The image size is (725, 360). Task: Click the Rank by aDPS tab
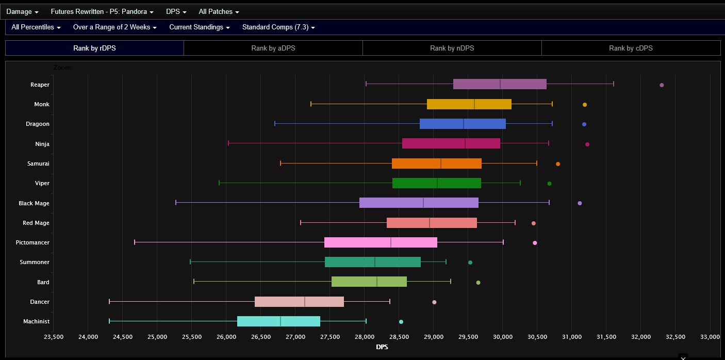click(273, 48)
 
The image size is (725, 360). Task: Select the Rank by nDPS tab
click(452, 48)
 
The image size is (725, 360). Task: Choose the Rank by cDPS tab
click(631, 48)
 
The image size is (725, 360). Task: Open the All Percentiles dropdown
click(36, 27)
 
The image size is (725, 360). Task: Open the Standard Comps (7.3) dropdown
click(278, 27)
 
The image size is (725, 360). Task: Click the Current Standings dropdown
click(199, 27)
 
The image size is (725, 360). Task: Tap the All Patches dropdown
click(219, 11)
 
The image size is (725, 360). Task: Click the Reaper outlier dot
click(662, 85)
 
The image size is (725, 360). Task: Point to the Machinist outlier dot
click(401, 322)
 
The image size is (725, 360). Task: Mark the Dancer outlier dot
click(434, 302)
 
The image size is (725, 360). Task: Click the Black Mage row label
click(34, 203)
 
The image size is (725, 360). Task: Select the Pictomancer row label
click(32, 242)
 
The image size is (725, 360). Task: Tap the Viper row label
click(42, 183)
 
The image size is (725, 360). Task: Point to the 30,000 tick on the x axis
click(503, 337)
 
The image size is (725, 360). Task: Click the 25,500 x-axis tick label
click(192, 337)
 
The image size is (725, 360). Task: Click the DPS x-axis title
click(382, 347)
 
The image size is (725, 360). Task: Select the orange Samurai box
click(423, 163)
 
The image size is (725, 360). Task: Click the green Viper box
click(413, 183)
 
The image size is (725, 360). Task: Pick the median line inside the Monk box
click(474, 104)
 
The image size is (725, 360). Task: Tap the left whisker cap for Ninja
click(228, 143)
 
